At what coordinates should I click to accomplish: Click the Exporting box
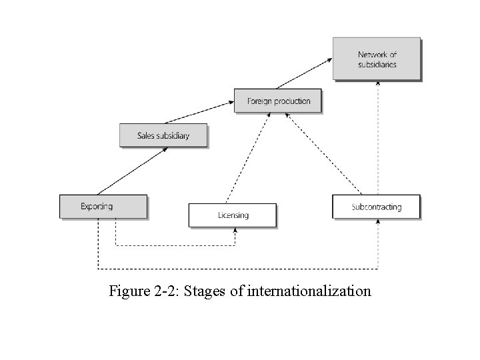(x=103, y=206)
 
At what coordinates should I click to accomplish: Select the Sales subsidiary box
(x=163, y=135)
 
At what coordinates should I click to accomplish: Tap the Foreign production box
(x=278, y=101)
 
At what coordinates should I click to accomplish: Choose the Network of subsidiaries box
(x=377, y=59)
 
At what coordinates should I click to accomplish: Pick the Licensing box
(x=233, y=215)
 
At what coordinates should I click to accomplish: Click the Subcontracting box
(x=377, y=207)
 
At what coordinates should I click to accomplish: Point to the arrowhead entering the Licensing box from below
(x=235, y=231)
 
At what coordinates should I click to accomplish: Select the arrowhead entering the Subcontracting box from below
(x=378, y=222)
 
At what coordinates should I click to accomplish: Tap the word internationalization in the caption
(x=309, y=291)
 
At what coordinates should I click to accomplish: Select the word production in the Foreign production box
(x=291, y=101)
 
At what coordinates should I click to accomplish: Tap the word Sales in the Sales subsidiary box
(x=146, y=135)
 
